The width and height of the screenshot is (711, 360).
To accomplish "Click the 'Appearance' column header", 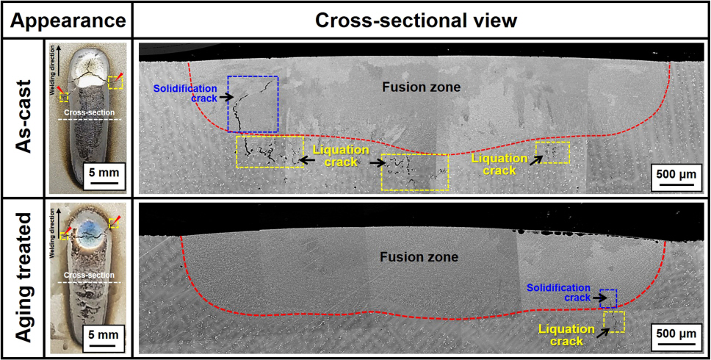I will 66,20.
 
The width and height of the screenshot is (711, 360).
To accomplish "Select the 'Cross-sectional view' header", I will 416,20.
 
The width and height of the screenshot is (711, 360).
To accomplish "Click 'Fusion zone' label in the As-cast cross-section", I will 421,87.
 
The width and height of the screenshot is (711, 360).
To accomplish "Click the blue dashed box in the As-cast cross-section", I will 253,103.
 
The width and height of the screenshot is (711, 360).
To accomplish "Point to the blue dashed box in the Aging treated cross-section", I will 608,297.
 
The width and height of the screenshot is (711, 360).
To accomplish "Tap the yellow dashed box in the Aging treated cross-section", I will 613,322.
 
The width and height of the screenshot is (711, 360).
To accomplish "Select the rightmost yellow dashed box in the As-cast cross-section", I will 552,153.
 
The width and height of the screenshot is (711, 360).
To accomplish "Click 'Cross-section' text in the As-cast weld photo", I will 84,113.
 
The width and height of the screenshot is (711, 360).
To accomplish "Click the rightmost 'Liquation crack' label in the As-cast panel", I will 499,164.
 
